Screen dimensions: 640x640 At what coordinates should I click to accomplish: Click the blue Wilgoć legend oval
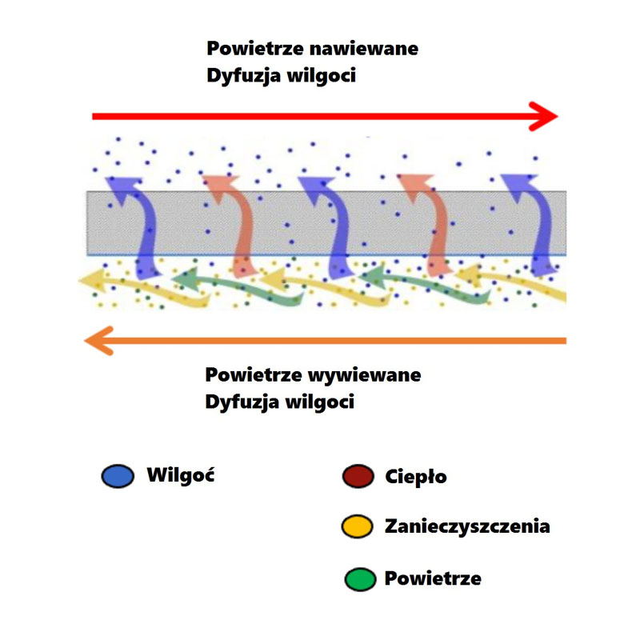117,478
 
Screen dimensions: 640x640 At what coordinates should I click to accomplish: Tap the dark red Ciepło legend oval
358,478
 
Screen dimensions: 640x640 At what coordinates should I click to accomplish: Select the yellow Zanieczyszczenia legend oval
358,526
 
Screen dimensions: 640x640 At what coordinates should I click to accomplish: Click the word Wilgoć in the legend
182,474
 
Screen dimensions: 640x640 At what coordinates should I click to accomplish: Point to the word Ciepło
415,478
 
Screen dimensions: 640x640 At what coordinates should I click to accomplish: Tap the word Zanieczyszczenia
467,526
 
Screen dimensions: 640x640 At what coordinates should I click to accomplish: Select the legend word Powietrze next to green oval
433,578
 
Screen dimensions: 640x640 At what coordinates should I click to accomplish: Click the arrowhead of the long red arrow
546,116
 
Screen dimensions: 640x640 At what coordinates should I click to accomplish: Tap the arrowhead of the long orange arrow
98,341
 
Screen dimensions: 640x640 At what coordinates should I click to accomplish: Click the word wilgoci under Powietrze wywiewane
319,402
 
